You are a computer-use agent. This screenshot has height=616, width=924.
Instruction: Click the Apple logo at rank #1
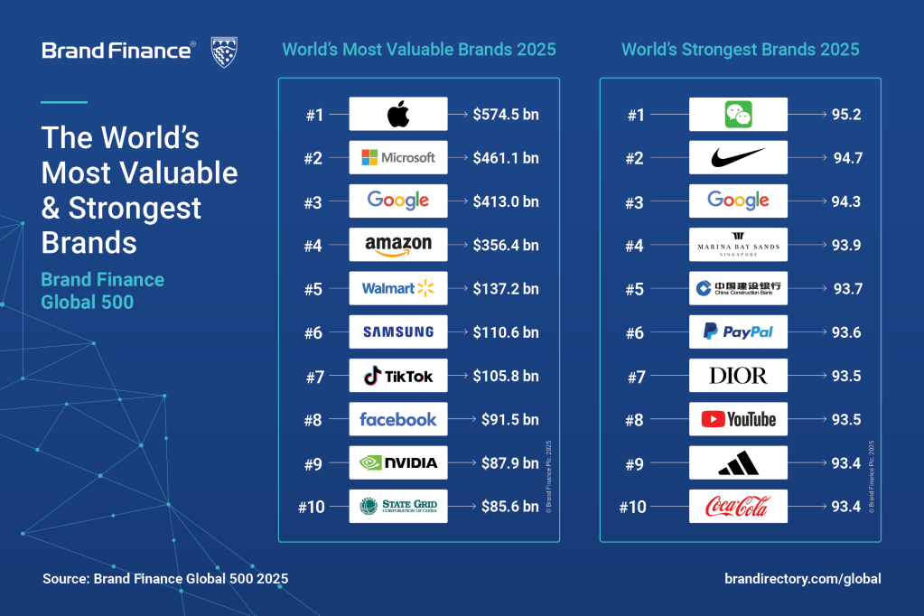coord(397,115)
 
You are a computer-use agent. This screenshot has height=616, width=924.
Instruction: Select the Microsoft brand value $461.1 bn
coord(505,158)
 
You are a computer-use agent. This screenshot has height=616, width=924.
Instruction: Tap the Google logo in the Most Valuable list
coord(397,201)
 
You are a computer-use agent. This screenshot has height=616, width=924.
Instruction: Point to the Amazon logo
coord(397,244)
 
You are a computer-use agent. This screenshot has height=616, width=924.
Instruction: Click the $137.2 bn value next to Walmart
coord(505,288)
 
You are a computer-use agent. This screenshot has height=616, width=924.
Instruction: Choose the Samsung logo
coord(397,331)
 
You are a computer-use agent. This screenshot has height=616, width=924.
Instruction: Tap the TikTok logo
coord(397,376)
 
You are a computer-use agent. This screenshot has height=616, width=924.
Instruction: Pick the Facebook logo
coord(397,419)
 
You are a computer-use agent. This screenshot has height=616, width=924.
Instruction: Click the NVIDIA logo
coord(397,462)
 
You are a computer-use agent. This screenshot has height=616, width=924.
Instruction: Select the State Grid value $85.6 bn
coord(505,507)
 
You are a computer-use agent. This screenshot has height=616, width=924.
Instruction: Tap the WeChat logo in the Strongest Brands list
coord(738,115)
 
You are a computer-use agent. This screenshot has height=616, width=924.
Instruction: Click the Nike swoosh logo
coord(738,157)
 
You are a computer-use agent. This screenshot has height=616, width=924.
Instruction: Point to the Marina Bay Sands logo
coord(738,244)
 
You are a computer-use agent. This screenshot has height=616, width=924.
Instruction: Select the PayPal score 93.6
coord(845,332)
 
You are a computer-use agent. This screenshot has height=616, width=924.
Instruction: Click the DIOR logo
coord(738,376)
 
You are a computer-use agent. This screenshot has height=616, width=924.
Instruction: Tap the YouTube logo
coord(738,419)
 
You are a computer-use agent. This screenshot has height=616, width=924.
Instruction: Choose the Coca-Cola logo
coord(738,507)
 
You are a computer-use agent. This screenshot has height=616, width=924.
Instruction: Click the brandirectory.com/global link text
coord(802,579)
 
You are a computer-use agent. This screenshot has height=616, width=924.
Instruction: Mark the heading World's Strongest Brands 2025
coord(740,49)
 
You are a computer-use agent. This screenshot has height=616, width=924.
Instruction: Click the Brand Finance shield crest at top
coord(224,51)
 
